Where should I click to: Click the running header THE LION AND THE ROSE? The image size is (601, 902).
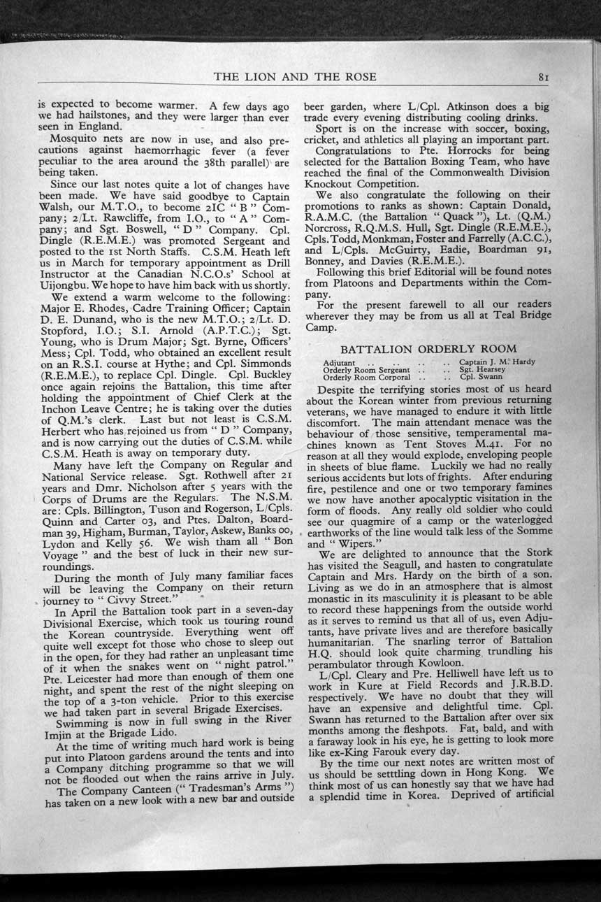pyautogui.click(x=295, y=76)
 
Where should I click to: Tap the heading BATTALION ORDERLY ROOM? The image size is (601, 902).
pyautogui.click(x=428, y=349)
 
